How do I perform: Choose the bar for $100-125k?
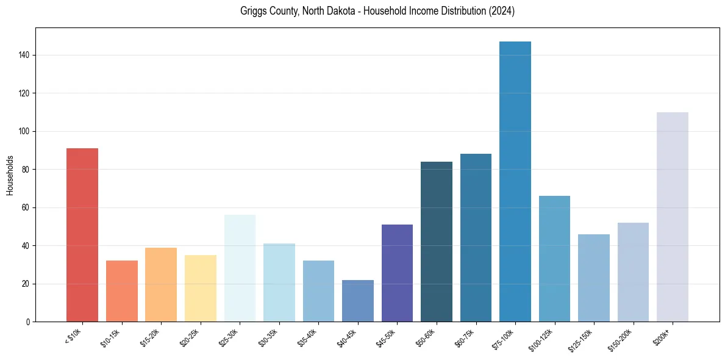[x=554, y=259]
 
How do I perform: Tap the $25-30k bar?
[x=240, y=268]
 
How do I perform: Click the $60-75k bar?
[x=476, y=238]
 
